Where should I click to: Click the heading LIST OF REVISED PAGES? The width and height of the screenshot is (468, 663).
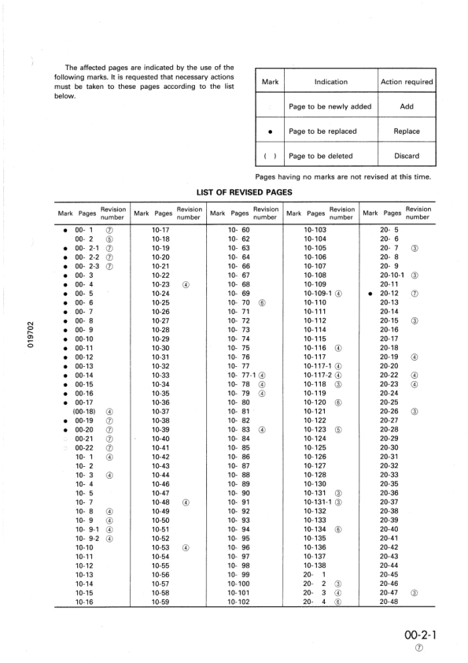[x=245, y=191]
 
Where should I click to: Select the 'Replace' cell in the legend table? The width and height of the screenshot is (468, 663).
[x=407, y=131]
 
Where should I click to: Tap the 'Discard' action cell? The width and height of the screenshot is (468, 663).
[x=407, y=156]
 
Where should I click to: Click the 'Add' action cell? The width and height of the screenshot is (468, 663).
[x=407, y=106]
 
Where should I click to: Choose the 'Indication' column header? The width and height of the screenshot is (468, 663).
[x=331, y=82]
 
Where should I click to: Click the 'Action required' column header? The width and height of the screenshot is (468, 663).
[x=407, y=82]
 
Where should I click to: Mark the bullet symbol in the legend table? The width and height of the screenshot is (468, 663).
[x=270, y=131]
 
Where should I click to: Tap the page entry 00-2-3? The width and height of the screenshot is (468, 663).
[x=87, y=266]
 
